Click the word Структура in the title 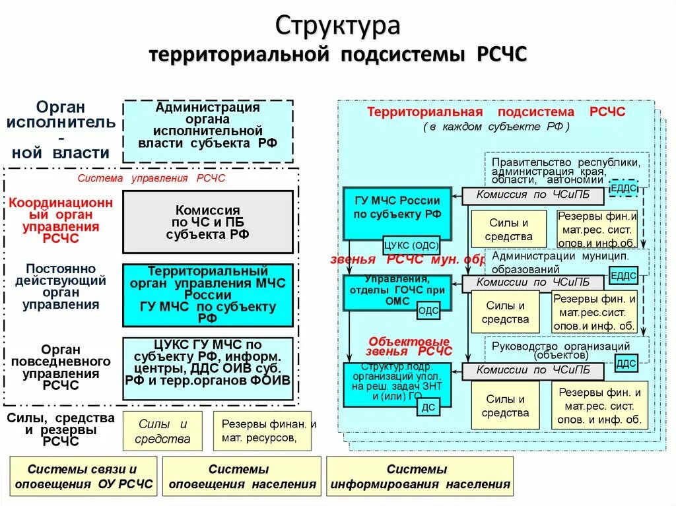(337, 26)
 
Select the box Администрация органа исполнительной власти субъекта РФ (208, 131)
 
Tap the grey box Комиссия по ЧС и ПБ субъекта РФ (208, 222)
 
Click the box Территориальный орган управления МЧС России (208, 295)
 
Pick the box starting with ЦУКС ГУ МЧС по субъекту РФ (208, 369)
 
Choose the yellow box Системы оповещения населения (238, 476)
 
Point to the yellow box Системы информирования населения (420, 476)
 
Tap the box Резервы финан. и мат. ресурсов (267, 430)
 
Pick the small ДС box (428, 408)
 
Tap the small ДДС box (625, 364)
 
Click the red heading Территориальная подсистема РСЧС (496, 112)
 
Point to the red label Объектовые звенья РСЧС (409, 346)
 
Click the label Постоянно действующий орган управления (61, 287)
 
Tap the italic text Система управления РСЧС (152, 178)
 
